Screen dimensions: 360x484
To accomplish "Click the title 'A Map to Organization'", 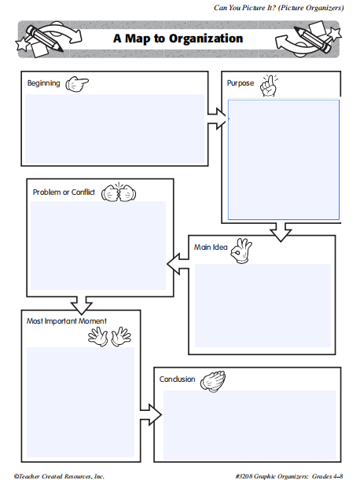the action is [x=178, y=38].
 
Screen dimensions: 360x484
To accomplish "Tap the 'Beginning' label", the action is [x=43, y=83].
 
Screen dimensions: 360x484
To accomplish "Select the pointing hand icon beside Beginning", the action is [x=77, y=84].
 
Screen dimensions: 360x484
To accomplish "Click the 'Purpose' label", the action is [x=241, y=83].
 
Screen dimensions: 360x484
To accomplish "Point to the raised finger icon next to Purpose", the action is [x=269, y=85].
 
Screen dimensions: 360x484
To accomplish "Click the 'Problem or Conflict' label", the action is [x=64, y=192].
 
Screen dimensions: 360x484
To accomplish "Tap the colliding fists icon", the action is [x=119, y=193].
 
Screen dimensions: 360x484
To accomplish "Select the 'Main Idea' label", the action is [x=211, y=247].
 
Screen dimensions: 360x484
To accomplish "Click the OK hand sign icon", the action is [x=241, y=251].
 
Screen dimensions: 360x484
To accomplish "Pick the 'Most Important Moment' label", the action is [x=66, y=321].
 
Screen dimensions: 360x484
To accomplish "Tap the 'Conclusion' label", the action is [x=177, y=379].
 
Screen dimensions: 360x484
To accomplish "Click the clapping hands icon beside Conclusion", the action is [x=213, y=382].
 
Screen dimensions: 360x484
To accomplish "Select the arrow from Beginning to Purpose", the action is [x=217, y=119].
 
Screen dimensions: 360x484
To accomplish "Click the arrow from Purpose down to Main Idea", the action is [x=281, y=232].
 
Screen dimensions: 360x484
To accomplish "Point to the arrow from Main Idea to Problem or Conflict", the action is [x=178, y=264].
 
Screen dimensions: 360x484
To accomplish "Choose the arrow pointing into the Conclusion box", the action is [x=151, y=415].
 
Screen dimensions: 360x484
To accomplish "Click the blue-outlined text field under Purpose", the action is [x=284, y=159].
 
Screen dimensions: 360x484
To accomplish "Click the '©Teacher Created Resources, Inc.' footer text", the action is [x=59, y=476].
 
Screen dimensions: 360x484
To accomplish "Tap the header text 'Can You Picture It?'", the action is [x=244, y=8].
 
